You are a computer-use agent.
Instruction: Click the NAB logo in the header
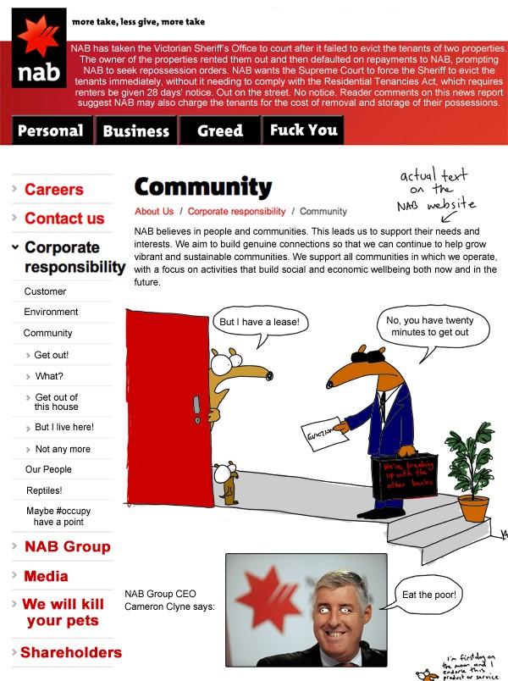point(40,51)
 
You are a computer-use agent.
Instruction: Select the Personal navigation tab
point(51,130)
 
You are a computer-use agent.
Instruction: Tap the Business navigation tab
point(136,130)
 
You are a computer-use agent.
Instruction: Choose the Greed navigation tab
point(220,130)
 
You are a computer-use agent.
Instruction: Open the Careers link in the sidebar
point(54,190)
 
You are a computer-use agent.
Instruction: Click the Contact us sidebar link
point(64,219)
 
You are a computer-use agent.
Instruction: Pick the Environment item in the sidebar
point(51,312)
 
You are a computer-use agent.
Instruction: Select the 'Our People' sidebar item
point(49,469)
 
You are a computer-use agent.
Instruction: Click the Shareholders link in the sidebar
point(71,652)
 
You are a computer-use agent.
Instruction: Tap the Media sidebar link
point(47,576)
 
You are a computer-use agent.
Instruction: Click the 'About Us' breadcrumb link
point(154,212)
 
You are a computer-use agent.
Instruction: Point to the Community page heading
point(203,187)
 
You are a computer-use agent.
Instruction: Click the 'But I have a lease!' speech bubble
point(259,323)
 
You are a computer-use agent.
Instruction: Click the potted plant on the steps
point(474,474)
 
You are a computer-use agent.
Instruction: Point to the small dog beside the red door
point(226,483)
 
